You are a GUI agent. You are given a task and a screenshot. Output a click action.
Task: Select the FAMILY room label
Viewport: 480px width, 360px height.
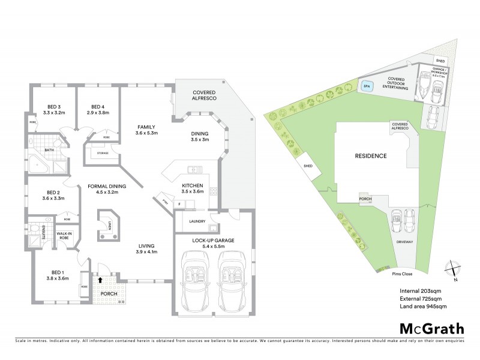(x=146, y=127)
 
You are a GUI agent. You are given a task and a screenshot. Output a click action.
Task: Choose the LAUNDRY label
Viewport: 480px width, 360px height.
(x=197, y=221)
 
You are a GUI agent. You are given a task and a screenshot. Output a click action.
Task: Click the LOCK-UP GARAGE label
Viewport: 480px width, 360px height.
(x=213, y=240)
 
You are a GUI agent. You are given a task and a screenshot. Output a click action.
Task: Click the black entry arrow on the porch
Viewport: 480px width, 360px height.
(x=100, y=279)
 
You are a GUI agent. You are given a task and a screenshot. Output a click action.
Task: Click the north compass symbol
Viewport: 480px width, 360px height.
(x=454, y=269)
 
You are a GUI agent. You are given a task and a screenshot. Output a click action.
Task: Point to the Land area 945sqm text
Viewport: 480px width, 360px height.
(x=423, y=307)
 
